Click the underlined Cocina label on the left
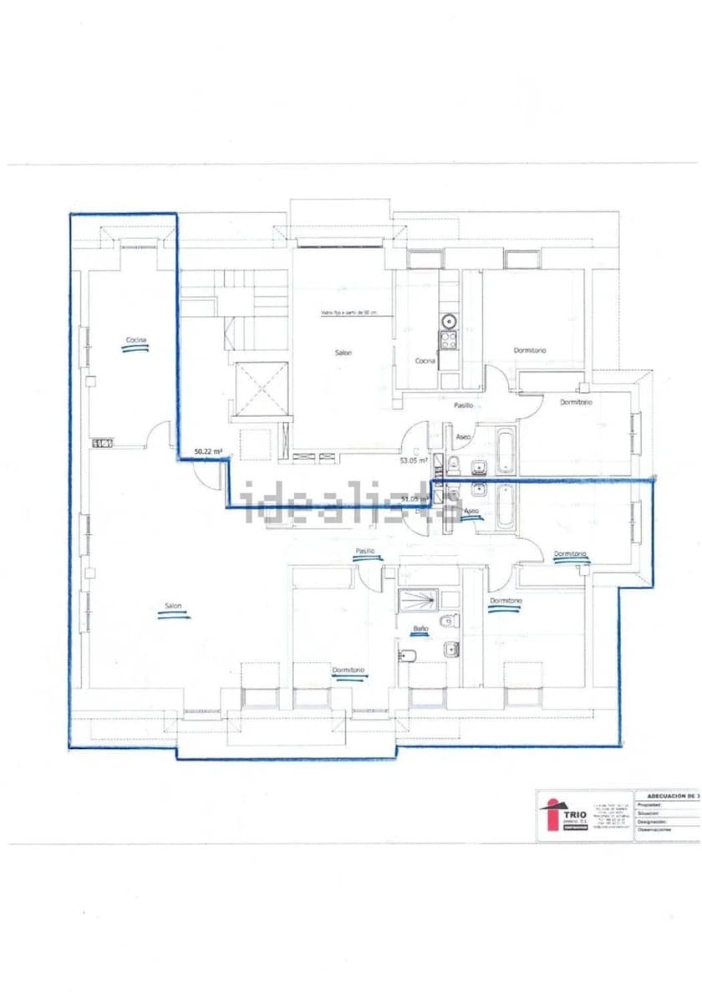coord(135,340)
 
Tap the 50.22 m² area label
coord(208,451)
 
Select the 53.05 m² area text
coord(414,460)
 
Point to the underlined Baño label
coord(420,628)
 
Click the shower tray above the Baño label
coord(417,598)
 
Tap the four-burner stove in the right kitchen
coord(449,339)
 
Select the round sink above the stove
coord(450,319)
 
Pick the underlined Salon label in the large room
coord(173,607)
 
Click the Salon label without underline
coord(343,353)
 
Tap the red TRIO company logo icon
coord(551,814)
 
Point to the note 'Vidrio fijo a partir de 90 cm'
coord(349,313)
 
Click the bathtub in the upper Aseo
coord(505,451)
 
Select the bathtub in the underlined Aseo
coord(505,507)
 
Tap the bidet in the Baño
coord(409,656)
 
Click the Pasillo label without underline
coord(464,405)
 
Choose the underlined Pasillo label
coord(364,552)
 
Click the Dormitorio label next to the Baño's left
coord(348,670)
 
